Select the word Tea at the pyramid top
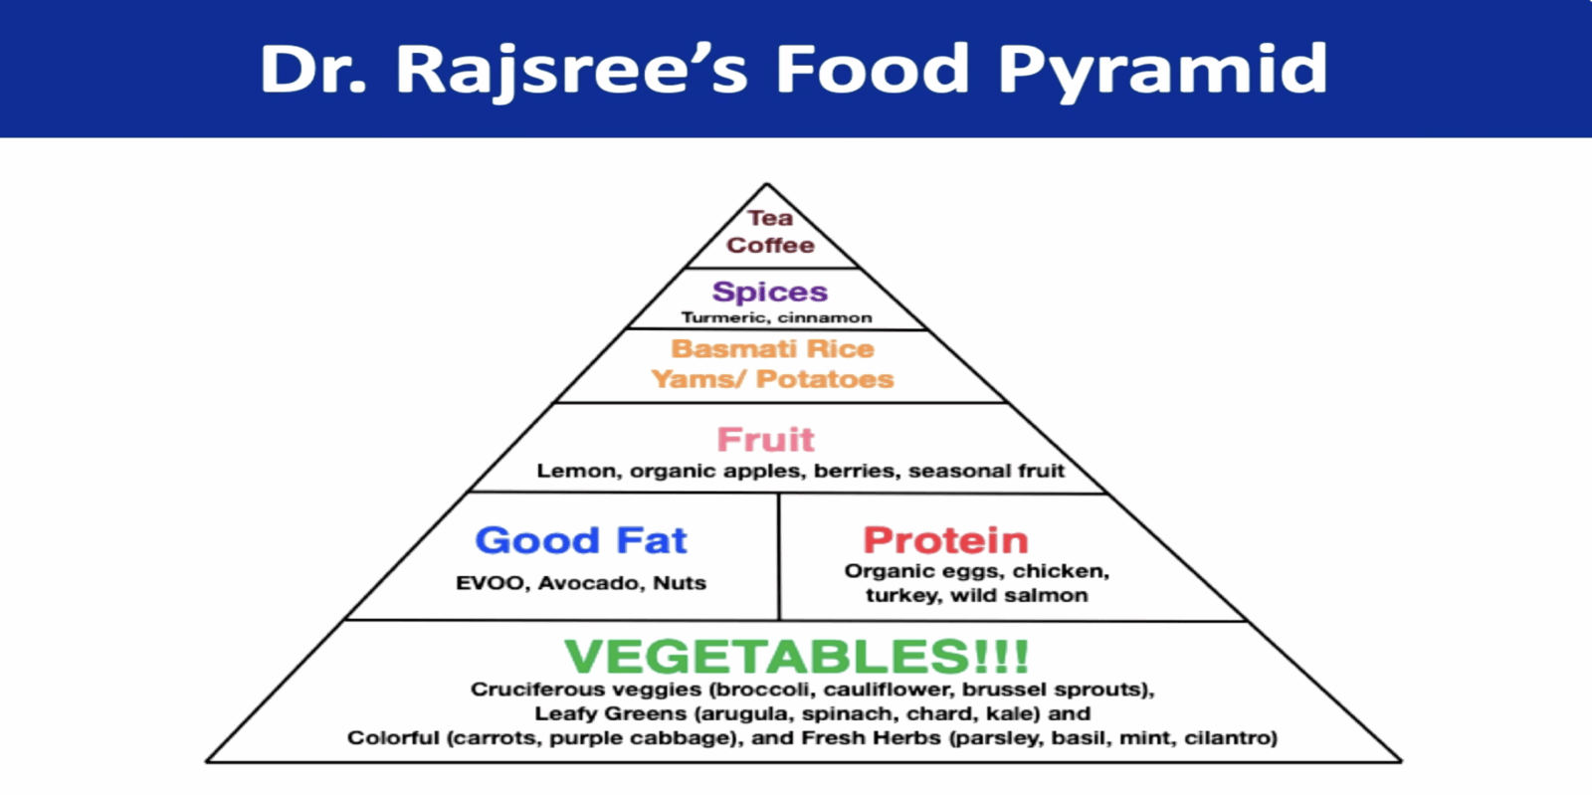770,217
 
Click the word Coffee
770,245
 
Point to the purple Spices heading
770,292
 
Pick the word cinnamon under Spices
825,316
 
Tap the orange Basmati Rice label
772,349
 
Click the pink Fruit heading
765,439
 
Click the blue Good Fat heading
581,540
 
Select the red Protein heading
945,540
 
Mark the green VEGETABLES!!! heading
796,655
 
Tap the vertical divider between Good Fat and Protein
779,556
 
